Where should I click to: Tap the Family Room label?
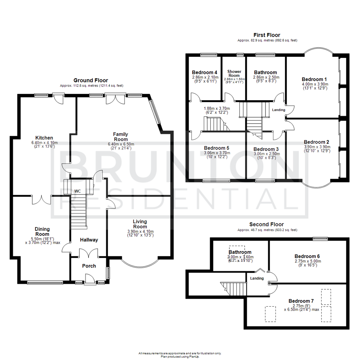121,137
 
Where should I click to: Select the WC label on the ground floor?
78,191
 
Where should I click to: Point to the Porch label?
89,266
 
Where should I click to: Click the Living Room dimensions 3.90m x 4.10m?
140,231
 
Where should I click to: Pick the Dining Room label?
42,231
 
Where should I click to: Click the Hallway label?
89,240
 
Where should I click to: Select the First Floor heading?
267,35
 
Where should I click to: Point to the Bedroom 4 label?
205,72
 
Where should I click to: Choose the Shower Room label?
234,74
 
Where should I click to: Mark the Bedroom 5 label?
217,148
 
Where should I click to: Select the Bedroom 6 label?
307,256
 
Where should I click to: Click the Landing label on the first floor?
279,110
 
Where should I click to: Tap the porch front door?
90,279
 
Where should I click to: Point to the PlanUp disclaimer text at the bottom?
180,355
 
